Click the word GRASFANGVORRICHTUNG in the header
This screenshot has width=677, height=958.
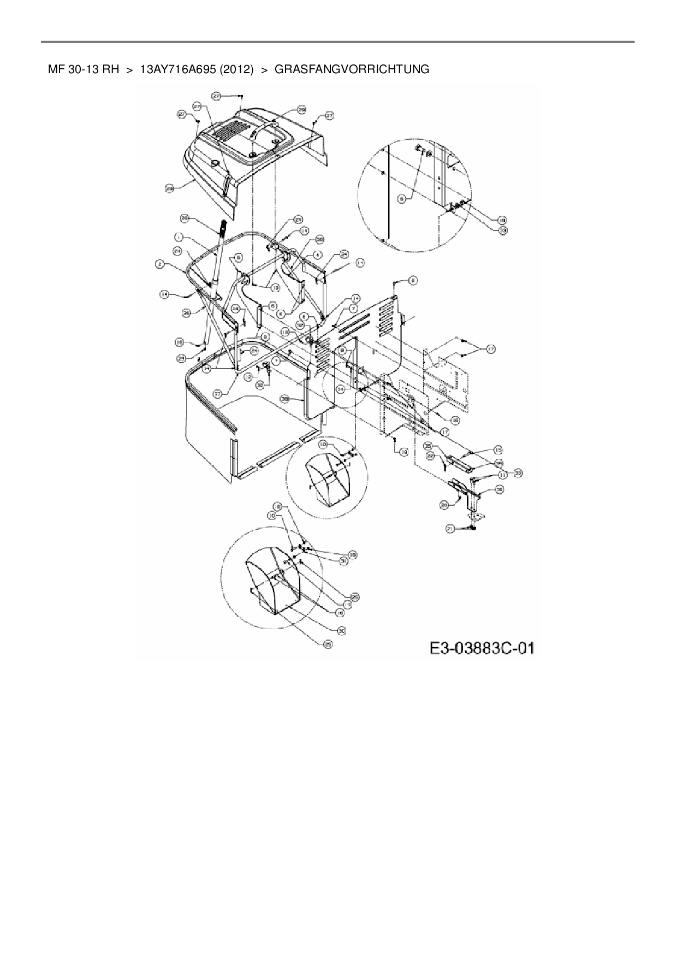352,69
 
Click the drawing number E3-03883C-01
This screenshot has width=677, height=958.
481,648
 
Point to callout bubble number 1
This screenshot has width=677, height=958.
178,236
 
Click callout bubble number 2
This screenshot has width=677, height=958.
159,264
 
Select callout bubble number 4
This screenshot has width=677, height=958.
317,255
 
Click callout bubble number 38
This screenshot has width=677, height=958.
284,399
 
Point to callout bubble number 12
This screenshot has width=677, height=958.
248,376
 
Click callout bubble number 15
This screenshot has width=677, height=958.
498,450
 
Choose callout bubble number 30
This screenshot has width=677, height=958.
342,631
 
